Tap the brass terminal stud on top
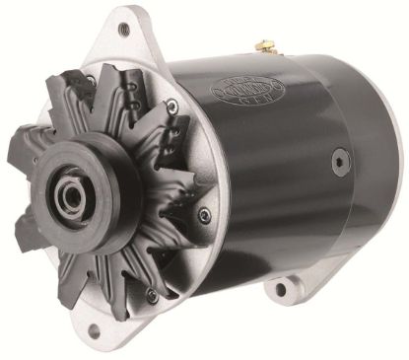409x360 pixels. click(263, 46)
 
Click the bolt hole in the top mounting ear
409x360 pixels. click(123, 29)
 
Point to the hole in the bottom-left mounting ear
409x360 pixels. click(95, 332)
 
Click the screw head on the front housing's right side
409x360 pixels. click(204, 214)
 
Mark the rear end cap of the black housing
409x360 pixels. click(379, 168)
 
